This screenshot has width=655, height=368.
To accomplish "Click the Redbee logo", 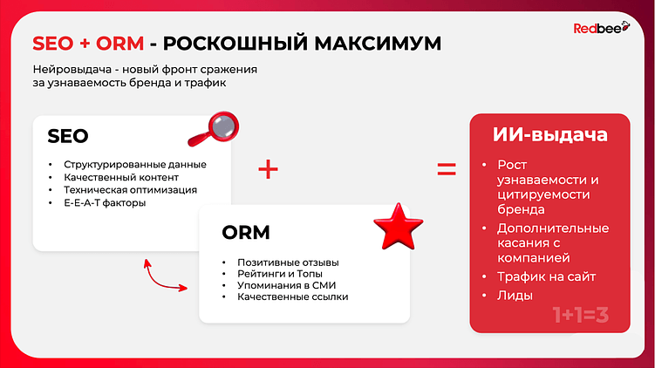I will coord(597,29).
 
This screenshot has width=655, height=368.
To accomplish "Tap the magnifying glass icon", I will coord(214,129).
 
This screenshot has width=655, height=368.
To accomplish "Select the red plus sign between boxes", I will coord(269,170).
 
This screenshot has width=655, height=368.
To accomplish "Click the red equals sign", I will coord(447,170).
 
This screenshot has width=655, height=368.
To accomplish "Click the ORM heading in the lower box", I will coord(246,233).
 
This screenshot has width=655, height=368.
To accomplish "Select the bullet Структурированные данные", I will coord(128,164).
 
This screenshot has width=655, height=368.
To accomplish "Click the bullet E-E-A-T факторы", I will coord(106,202).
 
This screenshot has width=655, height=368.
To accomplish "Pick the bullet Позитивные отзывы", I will coord(287,262).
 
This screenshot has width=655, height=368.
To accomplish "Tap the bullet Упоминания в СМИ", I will coord(286,285).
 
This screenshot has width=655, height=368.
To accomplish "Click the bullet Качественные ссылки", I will coord(292,297).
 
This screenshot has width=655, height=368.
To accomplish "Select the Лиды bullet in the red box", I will coord(514,296).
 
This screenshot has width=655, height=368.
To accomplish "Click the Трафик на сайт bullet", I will coord(546,277).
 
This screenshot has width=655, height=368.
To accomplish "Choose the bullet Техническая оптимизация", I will coord(130,189).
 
